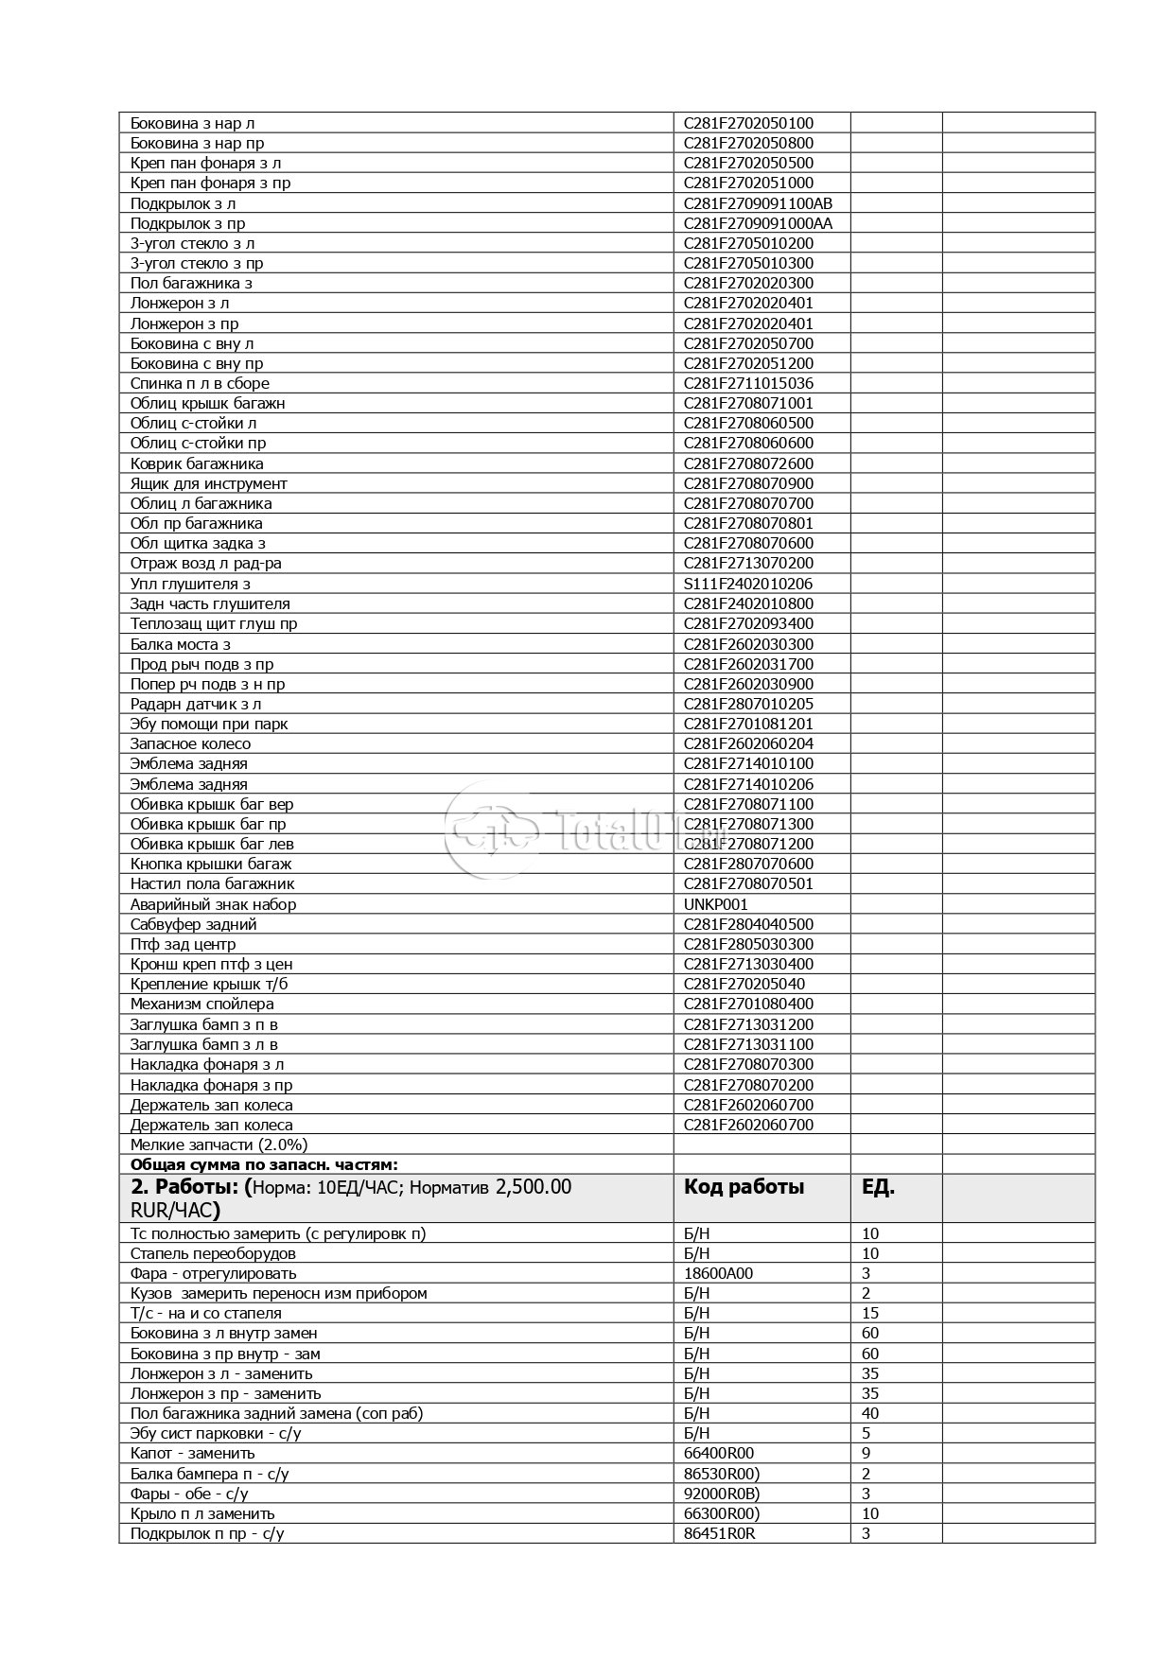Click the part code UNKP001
click(x=715, y=904)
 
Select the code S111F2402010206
click(x=747, y=584)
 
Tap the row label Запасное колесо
click(x=190, y=743)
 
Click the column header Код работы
click(x=744, y=1187)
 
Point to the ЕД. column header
click(x=878, y=1187)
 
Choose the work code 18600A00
click(x=718, y=1273)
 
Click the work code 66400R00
click(x=719, y=1453)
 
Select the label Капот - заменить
click(x=193, y=1453)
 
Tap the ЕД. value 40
click(x=870, y=1413)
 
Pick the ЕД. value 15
click(x=870, y=1313)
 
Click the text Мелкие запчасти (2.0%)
click(x=219, y=1145)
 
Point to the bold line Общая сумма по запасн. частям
click(x=264, y=1164)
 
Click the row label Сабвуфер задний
click(x=193, y=924)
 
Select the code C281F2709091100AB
click(x=758, y=203)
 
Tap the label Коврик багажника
click(x=197, y=463)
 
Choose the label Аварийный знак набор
click(x=213, y=904)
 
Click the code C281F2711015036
click(x=748, y=383)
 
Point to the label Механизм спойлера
click(x=201, y=1004)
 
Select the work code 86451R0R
click(x=719, y=1533)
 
